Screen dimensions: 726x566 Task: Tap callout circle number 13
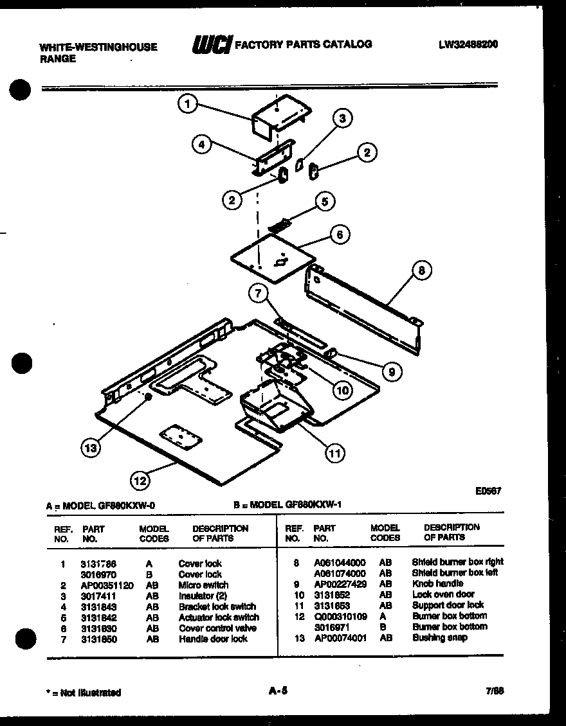pos(91,448)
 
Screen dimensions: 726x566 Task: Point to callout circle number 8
pos(421,271)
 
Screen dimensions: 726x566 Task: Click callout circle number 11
pos(334,454)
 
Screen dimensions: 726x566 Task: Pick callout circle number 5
pos(325,201)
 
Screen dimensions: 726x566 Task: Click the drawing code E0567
pos(488,491)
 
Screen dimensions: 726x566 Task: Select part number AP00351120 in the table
pos(107,585)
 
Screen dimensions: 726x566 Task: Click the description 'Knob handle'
pos(437,583)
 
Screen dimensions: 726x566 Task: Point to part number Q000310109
pos(340,616)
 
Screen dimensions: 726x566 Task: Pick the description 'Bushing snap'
pos(440,637)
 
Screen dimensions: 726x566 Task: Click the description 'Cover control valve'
pos(217,628)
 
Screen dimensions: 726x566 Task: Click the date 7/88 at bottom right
pos(495,691)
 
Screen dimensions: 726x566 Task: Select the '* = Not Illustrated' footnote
pos(84,693)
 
